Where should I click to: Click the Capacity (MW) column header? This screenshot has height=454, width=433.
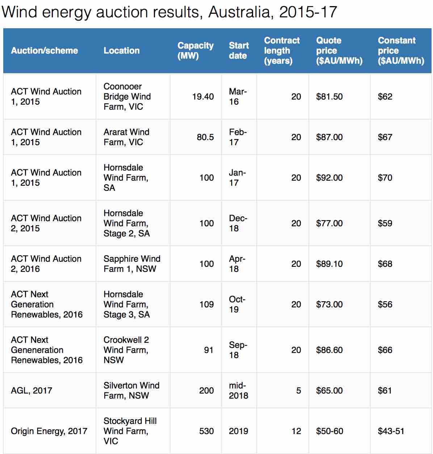(195, 51)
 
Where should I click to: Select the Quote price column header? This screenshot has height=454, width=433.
(339, 51)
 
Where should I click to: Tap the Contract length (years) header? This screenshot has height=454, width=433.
(282, 51)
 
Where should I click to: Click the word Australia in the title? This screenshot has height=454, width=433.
(239, 12)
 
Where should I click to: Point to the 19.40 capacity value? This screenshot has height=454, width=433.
(203, 97)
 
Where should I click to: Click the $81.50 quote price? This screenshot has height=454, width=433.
(329, 97)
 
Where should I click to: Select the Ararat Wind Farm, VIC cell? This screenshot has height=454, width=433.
(126, 137)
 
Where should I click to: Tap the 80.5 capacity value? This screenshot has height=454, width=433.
(205, 137)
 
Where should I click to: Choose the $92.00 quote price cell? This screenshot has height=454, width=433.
(329, 178)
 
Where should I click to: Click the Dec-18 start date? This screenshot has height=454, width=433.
(238, 223)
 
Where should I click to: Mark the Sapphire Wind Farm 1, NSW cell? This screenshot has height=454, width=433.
(132, 264)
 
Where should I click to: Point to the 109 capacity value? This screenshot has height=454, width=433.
(206, 304)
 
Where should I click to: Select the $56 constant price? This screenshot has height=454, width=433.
(385, 304)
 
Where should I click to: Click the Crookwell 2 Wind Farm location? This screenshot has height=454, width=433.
(126, 350)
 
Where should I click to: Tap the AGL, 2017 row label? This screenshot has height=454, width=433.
(31, 391)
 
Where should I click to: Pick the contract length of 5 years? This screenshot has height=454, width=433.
(298, 391)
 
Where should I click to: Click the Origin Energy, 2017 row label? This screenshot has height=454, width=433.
(49, 431)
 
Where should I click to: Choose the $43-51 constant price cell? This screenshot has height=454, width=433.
(391, 431)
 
